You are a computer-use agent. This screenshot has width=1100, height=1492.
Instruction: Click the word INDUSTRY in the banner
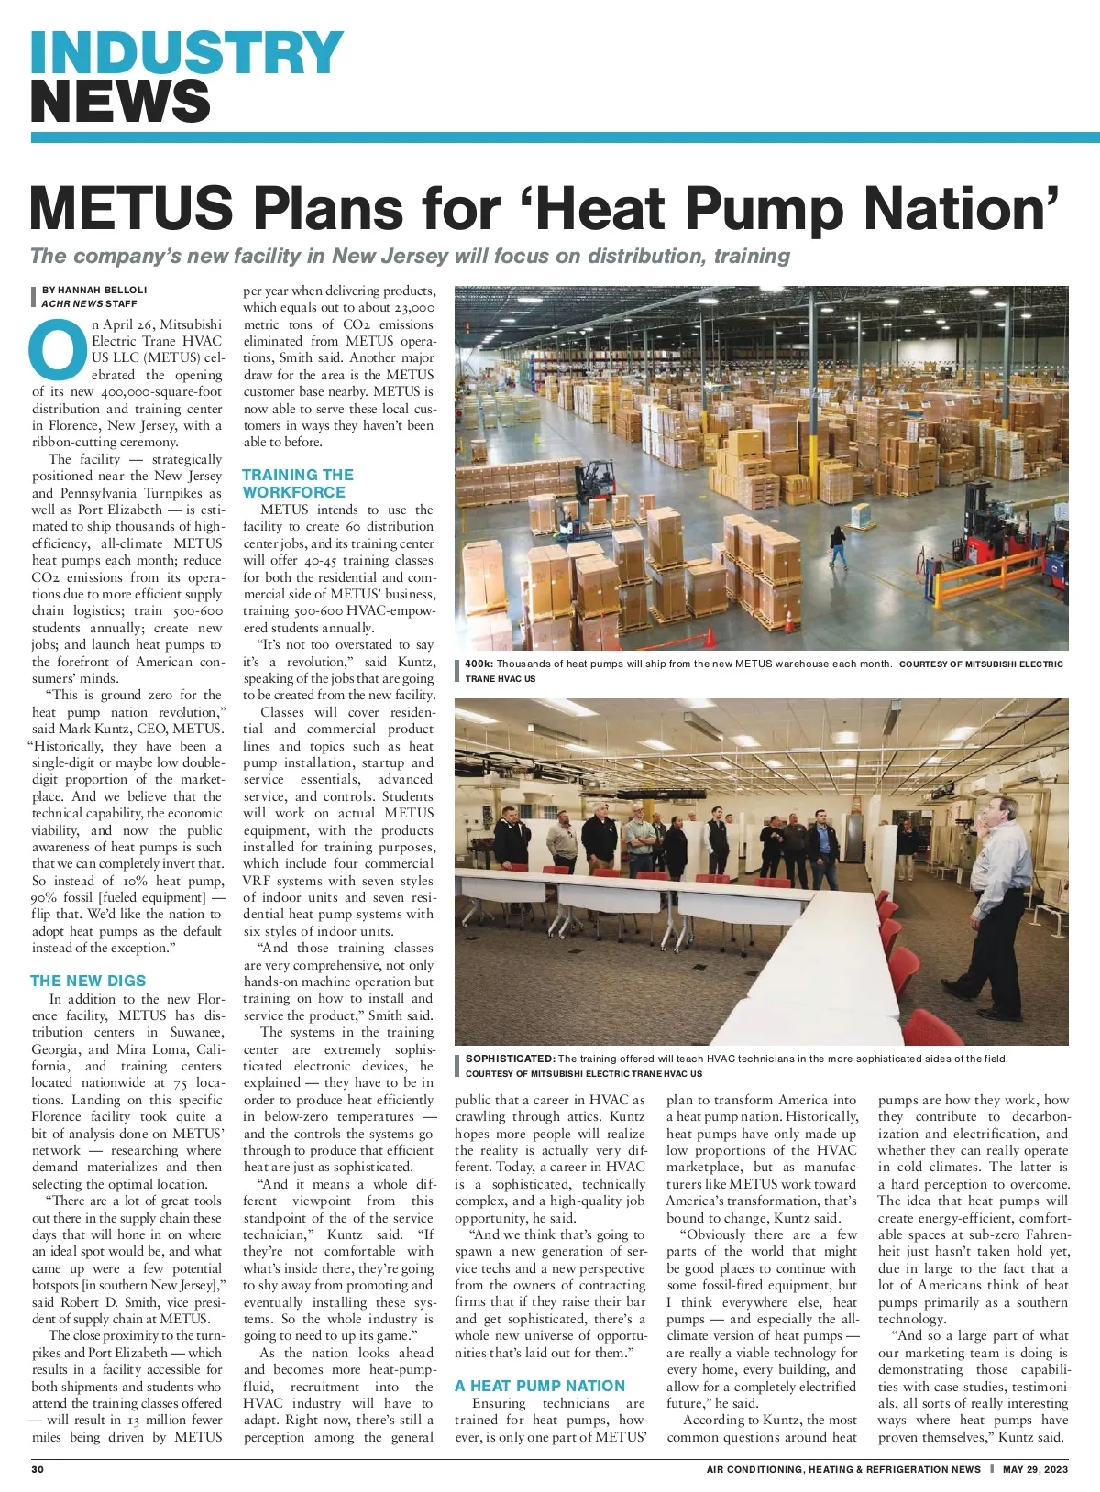[187, 53]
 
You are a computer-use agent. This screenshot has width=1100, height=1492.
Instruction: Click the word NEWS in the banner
[120, 101]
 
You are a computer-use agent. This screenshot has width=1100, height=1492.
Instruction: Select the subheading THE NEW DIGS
[88, 981]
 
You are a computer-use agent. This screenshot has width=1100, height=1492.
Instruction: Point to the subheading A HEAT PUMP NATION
[540, 1386]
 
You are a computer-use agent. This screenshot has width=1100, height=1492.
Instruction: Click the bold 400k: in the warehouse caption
[478, 664]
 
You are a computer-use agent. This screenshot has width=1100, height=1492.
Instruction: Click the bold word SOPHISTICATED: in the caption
[510, 1059]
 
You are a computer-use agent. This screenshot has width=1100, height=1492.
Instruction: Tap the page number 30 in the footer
[38, 1469]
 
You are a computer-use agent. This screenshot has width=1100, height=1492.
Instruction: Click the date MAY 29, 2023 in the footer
[1035, 1469]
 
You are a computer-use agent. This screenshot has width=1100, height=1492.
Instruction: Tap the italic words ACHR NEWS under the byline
[71, 303]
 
